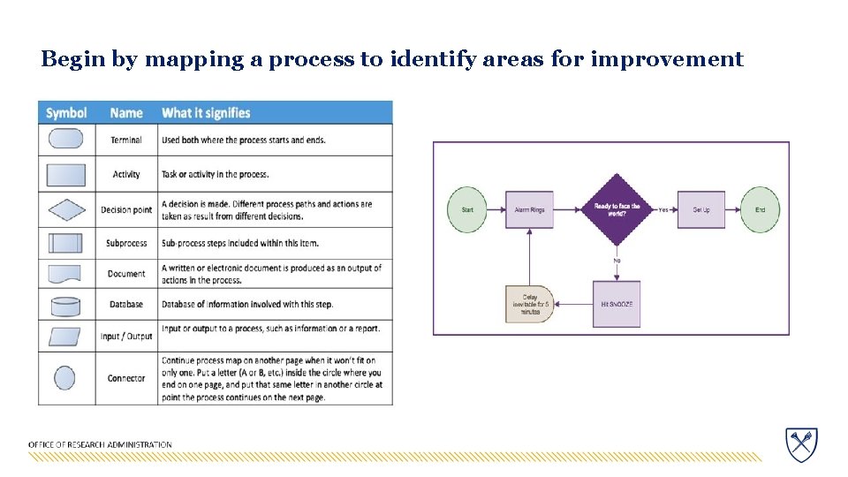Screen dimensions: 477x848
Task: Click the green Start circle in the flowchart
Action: [467, 209]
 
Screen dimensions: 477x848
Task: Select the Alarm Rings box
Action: [530, 209]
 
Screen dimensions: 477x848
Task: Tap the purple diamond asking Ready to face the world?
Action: [616, 209]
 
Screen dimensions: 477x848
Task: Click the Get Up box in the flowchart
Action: [701, 209]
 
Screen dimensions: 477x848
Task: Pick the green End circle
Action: [760, 209]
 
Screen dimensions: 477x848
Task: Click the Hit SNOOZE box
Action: [617, 304]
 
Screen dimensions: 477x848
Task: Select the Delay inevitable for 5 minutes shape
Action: [529, 304]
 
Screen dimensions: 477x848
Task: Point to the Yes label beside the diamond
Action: [662, 209]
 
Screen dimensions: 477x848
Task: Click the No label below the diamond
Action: [617, 261]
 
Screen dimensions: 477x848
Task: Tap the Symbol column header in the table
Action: [66, 113]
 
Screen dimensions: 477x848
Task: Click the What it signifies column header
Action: [206, 113]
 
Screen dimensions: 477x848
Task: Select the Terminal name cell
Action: [126, 140]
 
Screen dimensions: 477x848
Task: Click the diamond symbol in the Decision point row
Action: [66, 209]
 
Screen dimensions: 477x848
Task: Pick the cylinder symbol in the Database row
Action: [66, 306]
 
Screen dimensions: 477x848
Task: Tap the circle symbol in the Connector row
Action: [65, 378]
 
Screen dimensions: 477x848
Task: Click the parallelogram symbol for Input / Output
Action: [65, 337]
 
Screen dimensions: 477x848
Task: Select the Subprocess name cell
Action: [126, 243]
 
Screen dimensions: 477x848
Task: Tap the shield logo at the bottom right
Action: [801, 443]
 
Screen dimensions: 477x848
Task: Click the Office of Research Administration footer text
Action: [100, 444]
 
